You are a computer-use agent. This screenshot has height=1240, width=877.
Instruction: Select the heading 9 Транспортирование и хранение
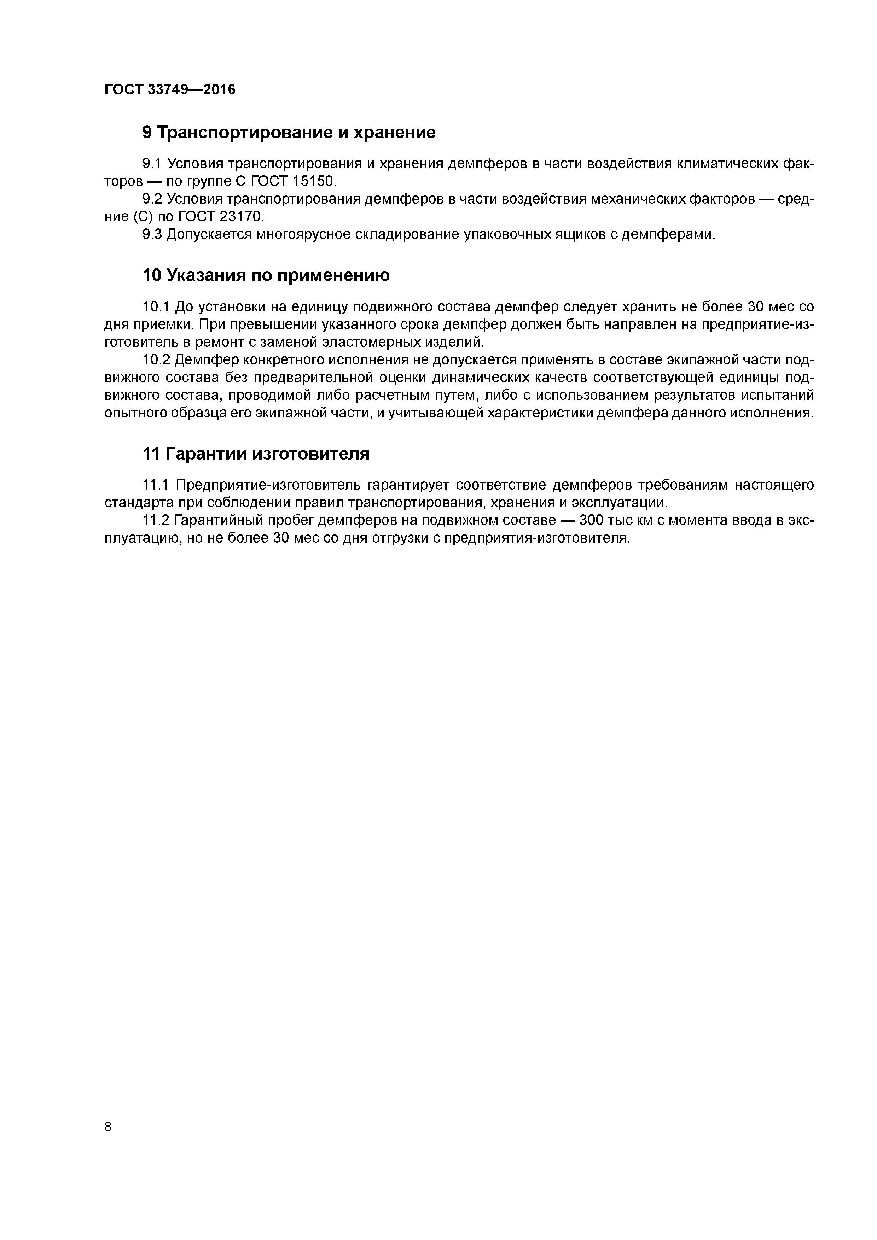click(x=289, y=132)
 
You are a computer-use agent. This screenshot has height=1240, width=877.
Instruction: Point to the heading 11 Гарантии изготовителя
click(x=256, y=454)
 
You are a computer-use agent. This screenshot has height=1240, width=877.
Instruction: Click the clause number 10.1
click(x=156, y=307)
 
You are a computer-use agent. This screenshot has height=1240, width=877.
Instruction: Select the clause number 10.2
click(x=156, y=360)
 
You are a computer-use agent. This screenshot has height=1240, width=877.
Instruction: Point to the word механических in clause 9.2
click(x=638, y=199)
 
